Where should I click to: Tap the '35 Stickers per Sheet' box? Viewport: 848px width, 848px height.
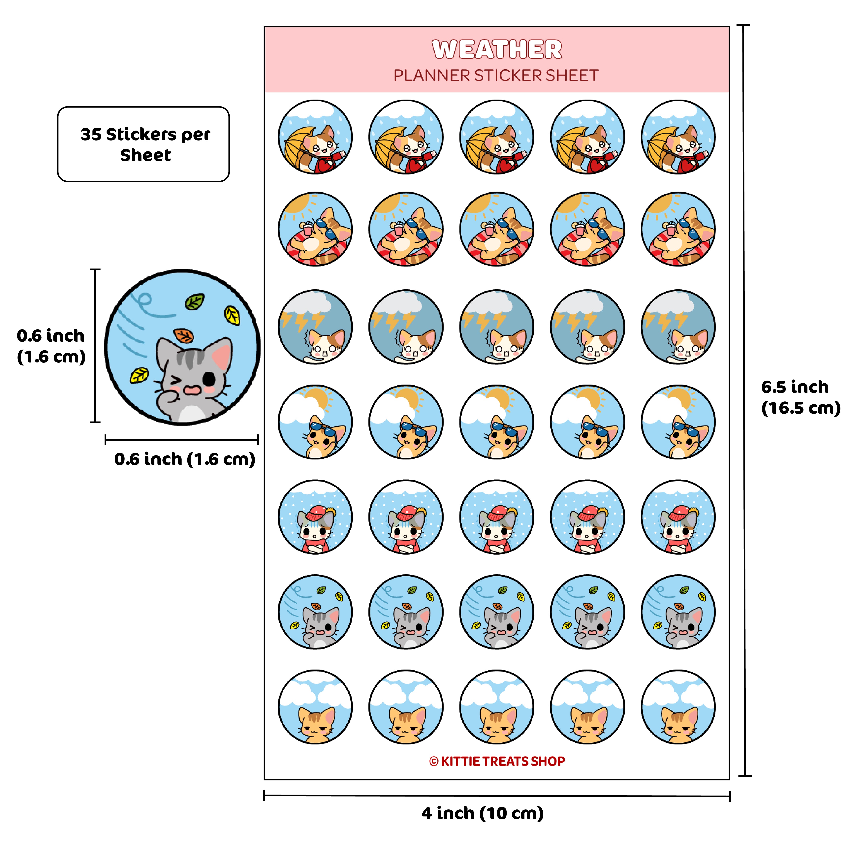click(143, 144)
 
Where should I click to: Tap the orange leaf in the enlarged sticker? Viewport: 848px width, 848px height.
click(184, 336)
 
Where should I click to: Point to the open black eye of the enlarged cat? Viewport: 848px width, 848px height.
click(210, 378)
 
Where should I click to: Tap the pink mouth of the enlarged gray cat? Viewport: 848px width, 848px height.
click(192, 390)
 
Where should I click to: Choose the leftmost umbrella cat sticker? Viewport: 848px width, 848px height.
click(315, 137)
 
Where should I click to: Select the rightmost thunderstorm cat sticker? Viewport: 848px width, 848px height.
click(678, 327)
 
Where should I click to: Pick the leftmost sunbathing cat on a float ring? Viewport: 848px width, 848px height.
click(315, 229)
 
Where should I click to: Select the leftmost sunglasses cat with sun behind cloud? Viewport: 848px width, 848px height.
click(315, 422)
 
